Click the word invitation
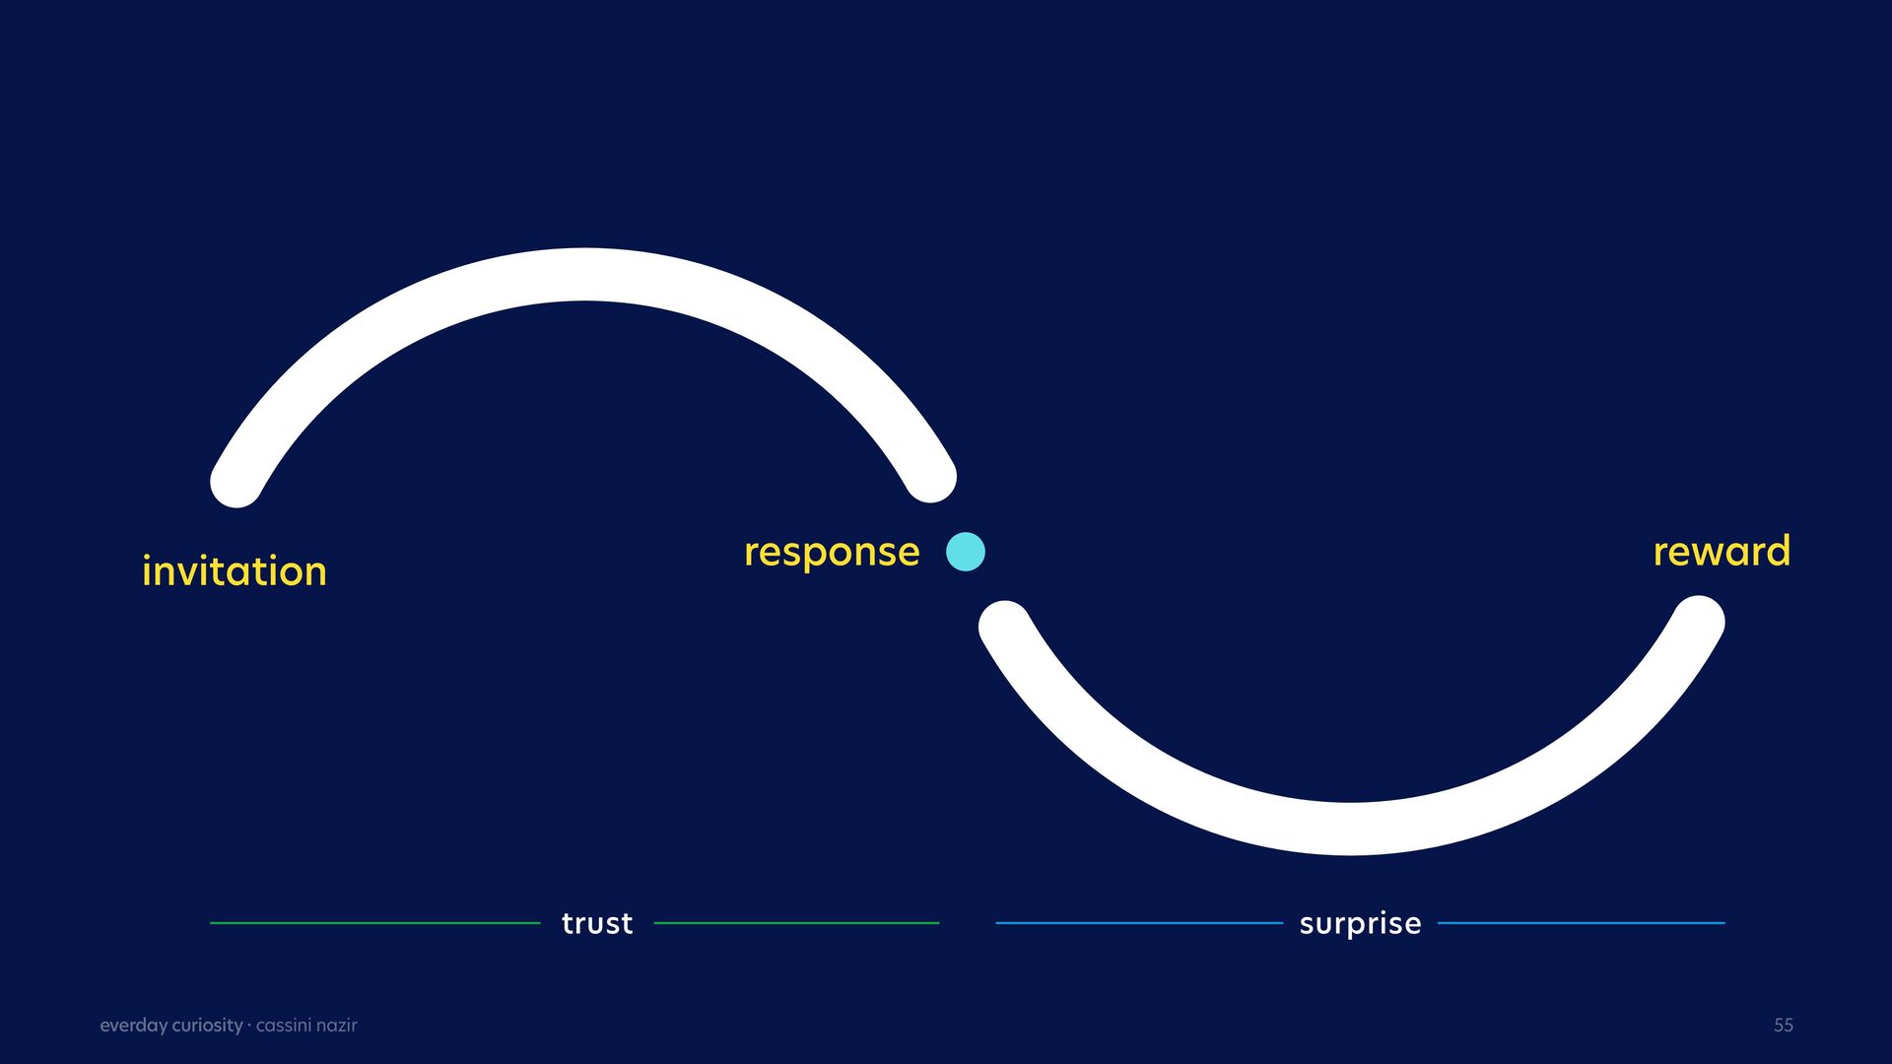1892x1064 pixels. tap(234, 571)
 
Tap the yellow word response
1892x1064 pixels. tap(832, 553)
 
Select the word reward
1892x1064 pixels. tap(1721, 552)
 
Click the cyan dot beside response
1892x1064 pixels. tap(966, 552)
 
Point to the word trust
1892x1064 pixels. tap(597, 923)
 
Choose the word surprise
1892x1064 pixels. tap(1360, 923)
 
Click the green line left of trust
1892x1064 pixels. tap(375, 923)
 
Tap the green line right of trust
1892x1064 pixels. tap(796, 923)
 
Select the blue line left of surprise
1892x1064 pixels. tap(1139, 923)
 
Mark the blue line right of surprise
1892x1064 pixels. tap(1581, 923)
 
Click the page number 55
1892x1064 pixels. tap(1784, 1026)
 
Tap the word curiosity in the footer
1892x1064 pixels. tap(207, 1026)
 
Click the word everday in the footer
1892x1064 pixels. tap(133, 1026)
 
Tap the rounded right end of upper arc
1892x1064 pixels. tap(930, 477)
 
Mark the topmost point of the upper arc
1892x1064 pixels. tap(584, 275)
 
